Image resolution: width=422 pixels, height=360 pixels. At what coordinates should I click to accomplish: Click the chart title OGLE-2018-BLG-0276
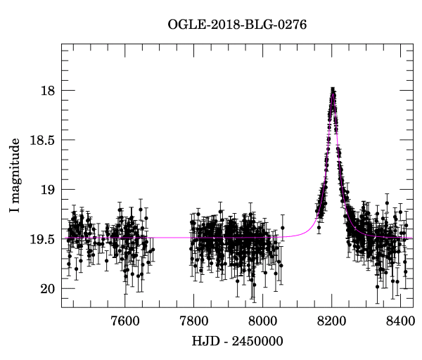[x=238, y=24]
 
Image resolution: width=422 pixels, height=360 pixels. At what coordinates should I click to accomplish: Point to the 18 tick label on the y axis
[x=45, y=91]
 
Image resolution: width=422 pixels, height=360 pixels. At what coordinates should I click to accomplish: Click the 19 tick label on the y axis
[x=45, y=190]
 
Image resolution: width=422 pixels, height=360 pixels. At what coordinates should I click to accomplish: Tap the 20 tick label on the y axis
[x=45, y=288]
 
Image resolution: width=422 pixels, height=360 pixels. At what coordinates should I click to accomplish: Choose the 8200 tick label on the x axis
[x=331, y=322]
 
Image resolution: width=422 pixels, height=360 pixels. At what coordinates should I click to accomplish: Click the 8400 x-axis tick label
[x=400, y=322]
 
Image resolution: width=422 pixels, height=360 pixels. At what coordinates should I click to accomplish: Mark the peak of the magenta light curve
[x=333, y=90]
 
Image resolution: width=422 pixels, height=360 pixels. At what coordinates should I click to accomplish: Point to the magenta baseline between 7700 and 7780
[x=169, y=238]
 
